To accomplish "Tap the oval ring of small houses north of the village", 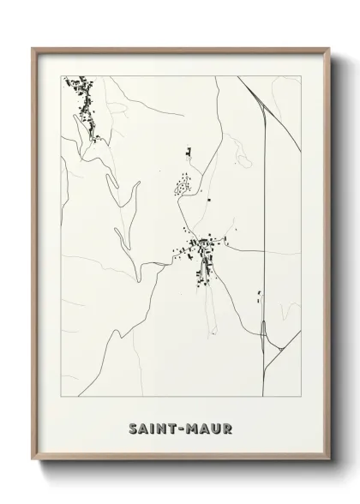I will point(183,184).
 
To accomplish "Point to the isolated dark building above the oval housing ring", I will point(188,153).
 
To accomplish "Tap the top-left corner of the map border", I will point(63,76).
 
